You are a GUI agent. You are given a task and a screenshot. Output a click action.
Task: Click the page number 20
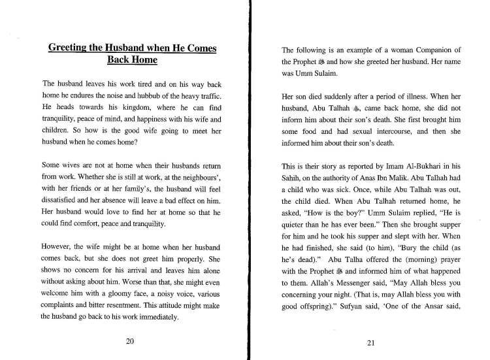[x=129, y=341]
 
